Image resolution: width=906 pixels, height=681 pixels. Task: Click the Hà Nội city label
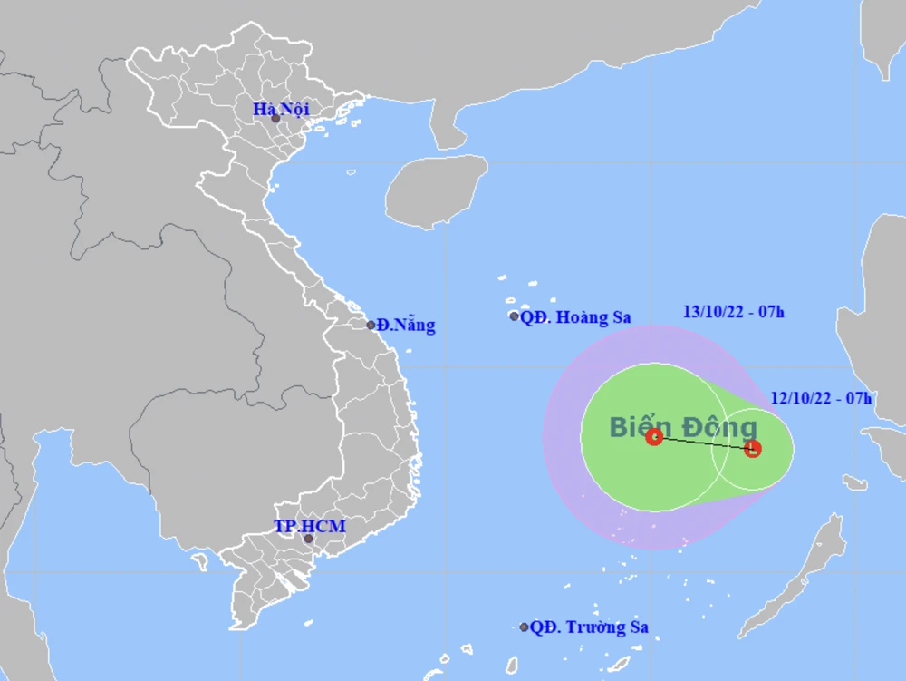coord(281,109)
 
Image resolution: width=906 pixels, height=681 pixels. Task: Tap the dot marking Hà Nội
coord(275,119)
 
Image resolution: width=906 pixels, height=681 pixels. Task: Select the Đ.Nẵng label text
coord(406,325)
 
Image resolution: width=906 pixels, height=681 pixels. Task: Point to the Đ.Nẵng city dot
coord(371,325)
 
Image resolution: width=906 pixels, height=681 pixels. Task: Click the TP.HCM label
coord(310,526)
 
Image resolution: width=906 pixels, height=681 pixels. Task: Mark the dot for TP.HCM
coord(308,539)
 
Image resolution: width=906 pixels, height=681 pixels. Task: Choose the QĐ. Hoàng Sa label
coord(575,317)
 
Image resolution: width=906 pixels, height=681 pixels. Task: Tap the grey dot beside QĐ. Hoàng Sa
coord(514,316)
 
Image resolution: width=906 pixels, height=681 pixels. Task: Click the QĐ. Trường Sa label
coord(589,627)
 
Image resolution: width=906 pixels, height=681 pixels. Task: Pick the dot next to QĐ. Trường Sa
coord(524,627)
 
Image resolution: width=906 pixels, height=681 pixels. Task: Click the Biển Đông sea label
coord(682,426)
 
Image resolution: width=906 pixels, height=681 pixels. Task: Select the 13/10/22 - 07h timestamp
coord(734,313)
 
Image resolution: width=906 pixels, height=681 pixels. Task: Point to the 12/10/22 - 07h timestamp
coord(822,397)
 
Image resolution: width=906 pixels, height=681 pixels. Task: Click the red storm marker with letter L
coord(752,448)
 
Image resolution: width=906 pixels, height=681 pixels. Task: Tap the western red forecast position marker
coord(654,437)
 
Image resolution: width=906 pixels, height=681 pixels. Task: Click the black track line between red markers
coord(703,443)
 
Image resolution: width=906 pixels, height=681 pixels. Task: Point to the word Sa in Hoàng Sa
coord(620,317)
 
